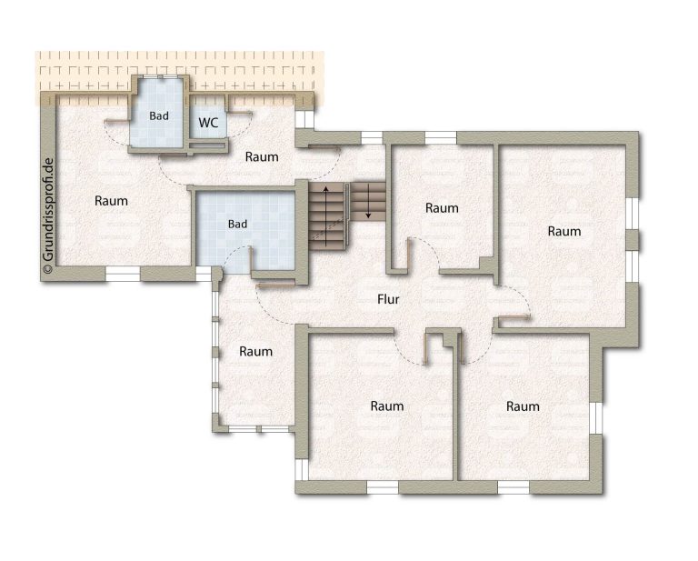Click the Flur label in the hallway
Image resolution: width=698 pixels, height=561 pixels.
click(x=388, y=299)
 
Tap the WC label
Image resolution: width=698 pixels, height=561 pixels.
click(x=208, y=123)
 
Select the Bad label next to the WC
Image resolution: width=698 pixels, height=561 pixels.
click(x=159, y=115)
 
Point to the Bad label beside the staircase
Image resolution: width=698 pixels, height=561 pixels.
click(x=237, y=224)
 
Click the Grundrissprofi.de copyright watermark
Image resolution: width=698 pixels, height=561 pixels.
click(x=48, y=215)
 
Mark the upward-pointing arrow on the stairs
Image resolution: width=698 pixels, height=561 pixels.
click(x=326, y=216)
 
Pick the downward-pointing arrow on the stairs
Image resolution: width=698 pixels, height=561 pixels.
click(x=369, y=202)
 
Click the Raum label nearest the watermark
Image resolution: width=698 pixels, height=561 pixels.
click(x=111, y=201)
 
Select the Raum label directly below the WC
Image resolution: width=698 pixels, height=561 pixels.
click(x=262, y=156)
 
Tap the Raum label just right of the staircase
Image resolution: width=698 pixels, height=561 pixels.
click(x=442, y=208)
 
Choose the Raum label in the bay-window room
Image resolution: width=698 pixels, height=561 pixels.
click(x=255, y=351)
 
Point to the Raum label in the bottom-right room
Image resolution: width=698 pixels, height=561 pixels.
click(x=523, y=406)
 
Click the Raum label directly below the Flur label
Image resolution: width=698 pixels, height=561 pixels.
click(x=387, y=406)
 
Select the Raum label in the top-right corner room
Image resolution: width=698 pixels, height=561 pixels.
click(x=564, y=231)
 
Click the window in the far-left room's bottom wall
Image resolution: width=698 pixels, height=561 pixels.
click(x=124, y=274)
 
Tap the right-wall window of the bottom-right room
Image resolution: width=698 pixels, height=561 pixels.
click(x=595, y=418)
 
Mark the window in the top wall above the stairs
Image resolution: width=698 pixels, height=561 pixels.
click(x=372, y=138)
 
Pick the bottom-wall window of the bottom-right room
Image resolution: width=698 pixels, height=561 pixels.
click(x=514, y=487)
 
